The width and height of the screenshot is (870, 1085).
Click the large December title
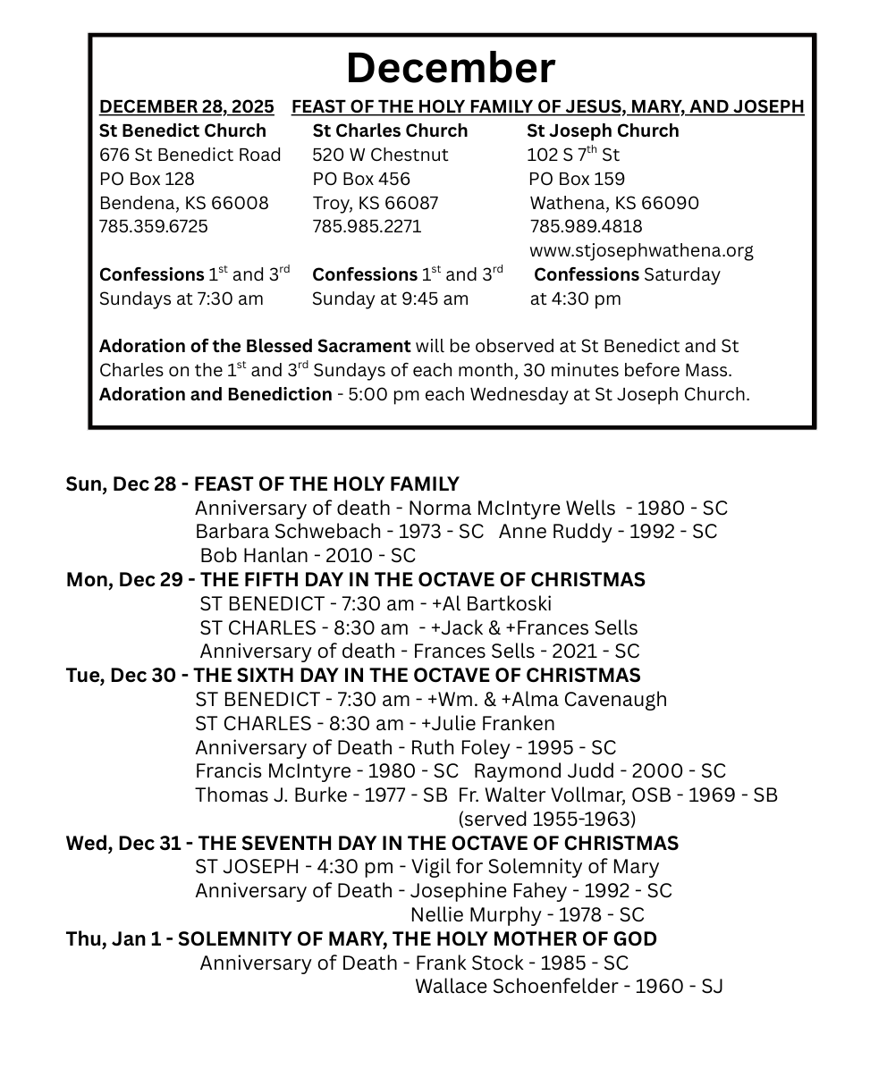point(450,68)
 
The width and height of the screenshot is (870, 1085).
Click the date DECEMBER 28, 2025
point(187,107)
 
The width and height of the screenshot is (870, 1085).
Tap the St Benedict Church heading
point(182,130)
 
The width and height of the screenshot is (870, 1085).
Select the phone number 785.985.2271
point(367,226)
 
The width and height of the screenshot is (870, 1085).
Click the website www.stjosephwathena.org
point(641,250)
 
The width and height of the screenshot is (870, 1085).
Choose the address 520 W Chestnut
point(380,155)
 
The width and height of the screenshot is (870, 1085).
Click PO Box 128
point(147,179)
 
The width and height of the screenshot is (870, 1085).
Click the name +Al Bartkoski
point(491,603)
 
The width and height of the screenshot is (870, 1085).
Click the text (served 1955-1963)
point(546,819)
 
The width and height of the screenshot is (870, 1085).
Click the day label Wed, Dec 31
point(122,843)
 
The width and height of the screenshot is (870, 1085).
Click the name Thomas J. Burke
point(270,795)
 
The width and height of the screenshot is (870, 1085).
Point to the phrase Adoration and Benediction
point(215,394)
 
